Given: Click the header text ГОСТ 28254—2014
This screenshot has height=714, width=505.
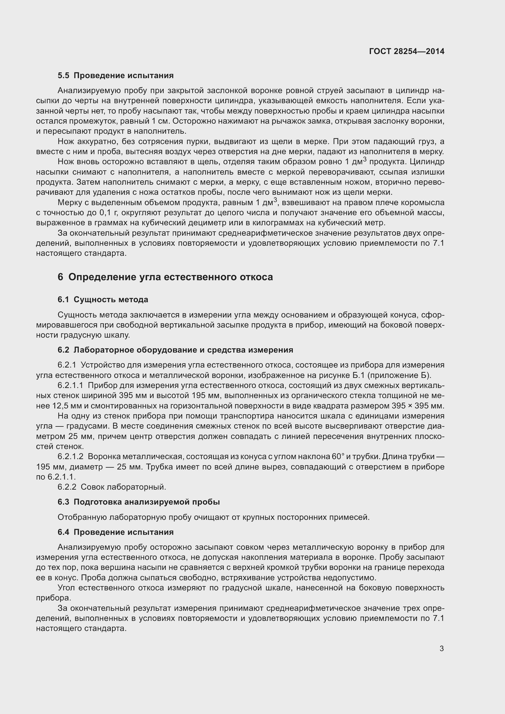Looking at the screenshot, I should [406, 51].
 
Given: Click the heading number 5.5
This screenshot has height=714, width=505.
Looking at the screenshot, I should [64, 76].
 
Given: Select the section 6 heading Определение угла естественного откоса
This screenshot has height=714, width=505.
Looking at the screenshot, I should [170, 277].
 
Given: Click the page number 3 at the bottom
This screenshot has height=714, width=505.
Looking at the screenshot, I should [441, 649].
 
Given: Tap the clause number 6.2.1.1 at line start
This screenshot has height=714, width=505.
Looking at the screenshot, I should [70, 386].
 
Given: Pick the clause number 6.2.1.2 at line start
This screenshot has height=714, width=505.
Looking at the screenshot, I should [70, 456].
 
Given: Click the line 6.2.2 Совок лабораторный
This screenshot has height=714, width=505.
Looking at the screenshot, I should [112, 487].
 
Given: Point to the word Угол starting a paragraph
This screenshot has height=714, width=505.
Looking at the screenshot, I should [66, 588].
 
